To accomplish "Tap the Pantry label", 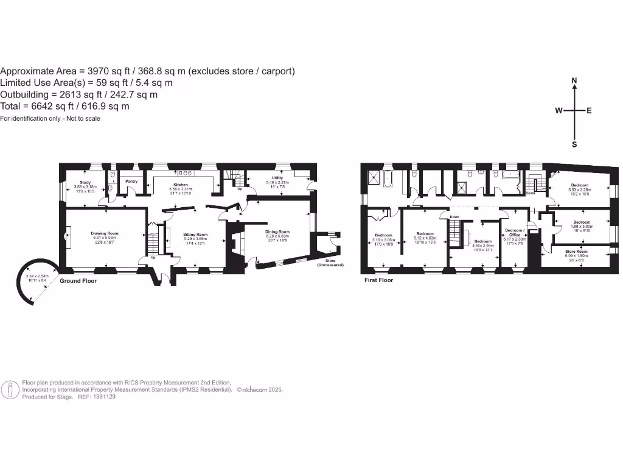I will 131,181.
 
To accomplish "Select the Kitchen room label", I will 180,184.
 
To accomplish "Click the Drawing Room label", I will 105,233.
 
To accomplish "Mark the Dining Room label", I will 277,232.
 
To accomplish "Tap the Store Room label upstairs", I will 576,251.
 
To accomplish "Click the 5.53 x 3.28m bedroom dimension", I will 579,190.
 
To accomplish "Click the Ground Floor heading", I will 78,281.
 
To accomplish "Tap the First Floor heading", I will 378,280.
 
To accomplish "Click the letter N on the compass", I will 574,80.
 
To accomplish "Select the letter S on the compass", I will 574,144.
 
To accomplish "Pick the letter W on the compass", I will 558,111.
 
